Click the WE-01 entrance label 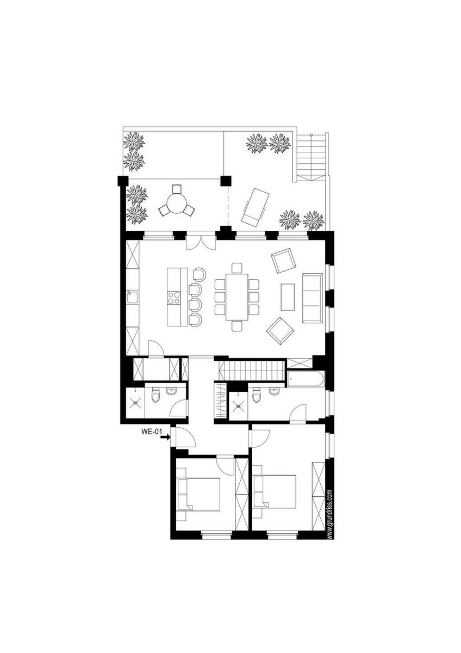[151, 432]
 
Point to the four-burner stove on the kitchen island [174, 298]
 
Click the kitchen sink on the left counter [133, 297]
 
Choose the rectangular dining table [236, 297]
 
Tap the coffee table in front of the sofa [288, 297]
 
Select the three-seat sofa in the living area [312, 298]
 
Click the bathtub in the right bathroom [306, 379]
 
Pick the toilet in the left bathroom [156, 395]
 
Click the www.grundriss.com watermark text [329, 514]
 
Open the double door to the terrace [201, 242]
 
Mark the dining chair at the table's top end [236, 268]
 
